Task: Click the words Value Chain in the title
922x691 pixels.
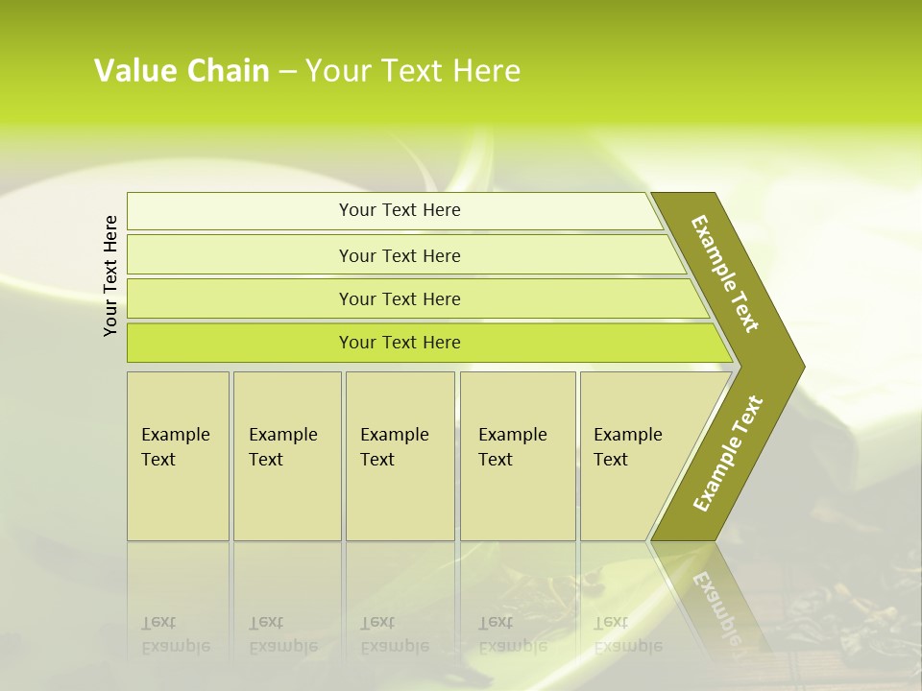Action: tap(182, 71)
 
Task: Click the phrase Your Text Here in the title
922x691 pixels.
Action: tap(413, 71)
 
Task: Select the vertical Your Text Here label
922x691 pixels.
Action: tap(110, 275)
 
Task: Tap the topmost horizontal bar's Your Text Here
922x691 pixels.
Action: tap(400, 210)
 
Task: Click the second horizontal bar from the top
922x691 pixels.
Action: tap(400, 255)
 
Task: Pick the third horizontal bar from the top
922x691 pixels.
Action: tap(400, 298)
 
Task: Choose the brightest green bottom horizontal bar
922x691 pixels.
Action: tap(400, 343)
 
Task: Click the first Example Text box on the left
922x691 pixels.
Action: tap(177, 455)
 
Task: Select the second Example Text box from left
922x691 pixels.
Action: tap(286, 455)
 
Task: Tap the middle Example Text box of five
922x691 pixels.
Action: tap(399, 455)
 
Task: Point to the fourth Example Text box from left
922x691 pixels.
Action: tap(517, 455)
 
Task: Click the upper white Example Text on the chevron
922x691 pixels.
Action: tap(725, 274)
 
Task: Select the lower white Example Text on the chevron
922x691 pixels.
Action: tap(728, 453)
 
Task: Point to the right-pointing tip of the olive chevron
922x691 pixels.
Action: tap(801, 367)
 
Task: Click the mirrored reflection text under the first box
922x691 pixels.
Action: tap(176, 634)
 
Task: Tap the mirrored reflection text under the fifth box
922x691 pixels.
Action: tap(627, 634)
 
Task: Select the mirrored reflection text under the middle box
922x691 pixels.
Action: tap(394, 634)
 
